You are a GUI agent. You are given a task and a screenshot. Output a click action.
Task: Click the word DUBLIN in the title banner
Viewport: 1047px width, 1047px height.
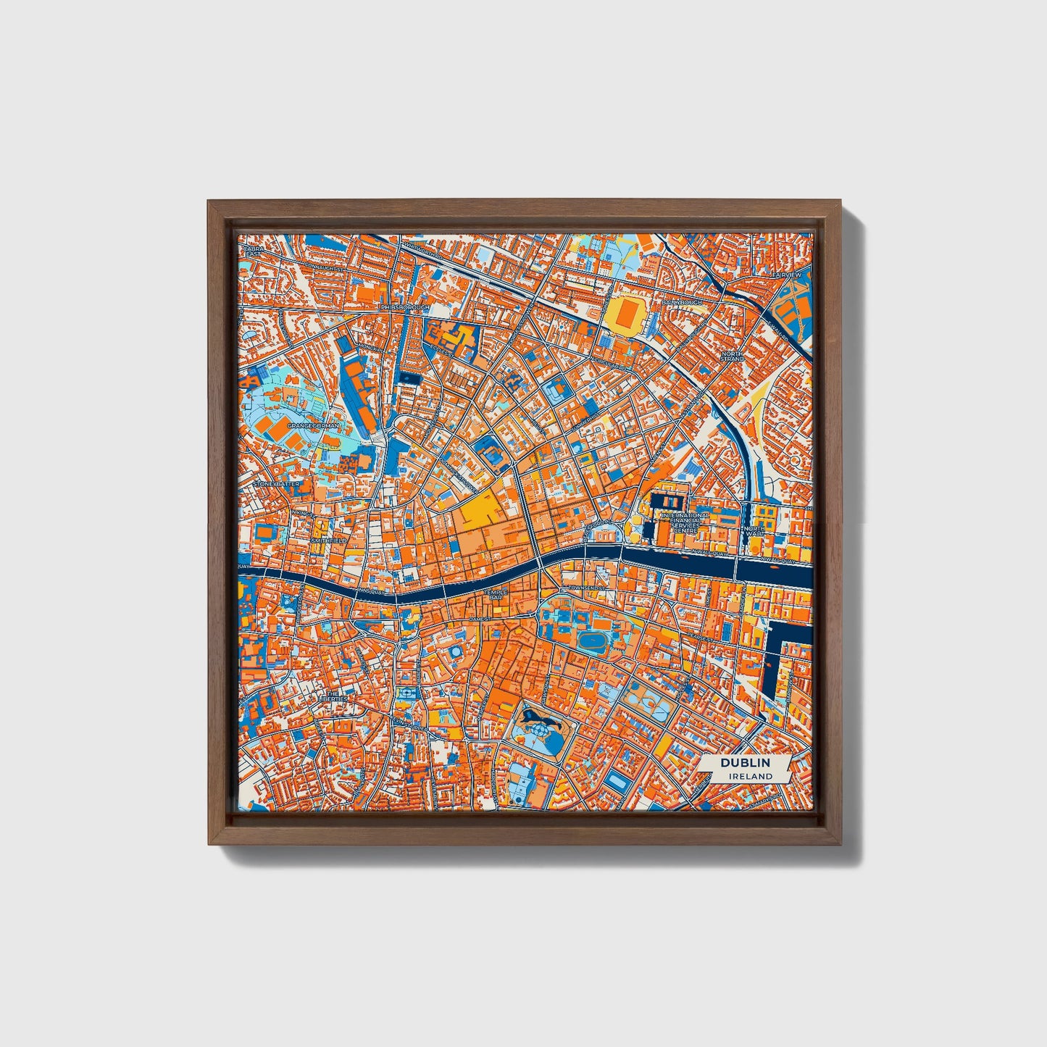[x=744, y=763]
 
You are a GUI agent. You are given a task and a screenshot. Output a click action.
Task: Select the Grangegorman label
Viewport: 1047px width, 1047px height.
[x=312, y=426]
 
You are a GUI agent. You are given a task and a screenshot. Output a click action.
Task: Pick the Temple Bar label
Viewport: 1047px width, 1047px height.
[x=497, y=594]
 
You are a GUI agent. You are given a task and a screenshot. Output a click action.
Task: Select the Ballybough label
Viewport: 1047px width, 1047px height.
[x=682, y=301]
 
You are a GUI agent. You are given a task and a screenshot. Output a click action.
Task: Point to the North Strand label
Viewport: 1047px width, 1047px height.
[x=732, y=356]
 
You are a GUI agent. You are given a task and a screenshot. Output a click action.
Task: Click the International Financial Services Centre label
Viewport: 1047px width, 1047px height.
[x=685, y=522]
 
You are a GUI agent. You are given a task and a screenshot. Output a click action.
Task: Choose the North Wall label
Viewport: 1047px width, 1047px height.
[x=754, y=533]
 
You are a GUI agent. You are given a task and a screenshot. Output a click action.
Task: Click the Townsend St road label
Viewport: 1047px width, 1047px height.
[x=585, y=588]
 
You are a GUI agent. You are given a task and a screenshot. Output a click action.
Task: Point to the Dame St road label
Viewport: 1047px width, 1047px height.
[x=479, y=620]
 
